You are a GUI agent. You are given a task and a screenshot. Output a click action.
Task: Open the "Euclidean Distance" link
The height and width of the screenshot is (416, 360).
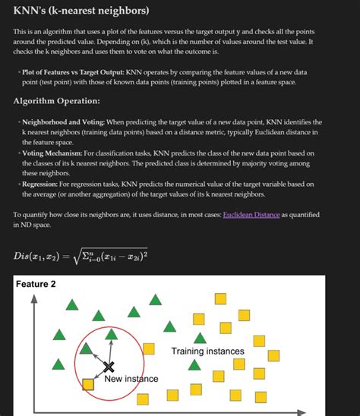251,216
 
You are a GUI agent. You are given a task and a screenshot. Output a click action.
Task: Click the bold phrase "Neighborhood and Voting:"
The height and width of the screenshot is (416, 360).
63,121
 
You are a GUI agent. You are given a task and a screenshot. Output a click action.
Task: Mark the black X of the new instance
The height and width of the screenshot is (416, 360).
97,367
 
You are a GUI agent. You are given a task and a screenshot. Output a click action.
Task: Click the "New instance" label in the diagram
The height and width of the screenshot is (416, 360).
131,379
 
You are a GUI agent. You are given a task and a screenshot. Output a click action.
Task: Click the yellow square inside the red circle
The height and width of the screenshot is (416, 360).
89,385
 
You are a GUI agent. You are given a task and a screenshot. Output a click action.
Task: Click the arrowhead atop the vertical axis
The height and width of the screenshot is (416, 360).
33,298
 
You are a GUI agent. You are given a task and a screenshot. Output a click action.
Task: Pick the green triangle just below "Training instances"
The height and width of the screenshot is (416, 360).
194,365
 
